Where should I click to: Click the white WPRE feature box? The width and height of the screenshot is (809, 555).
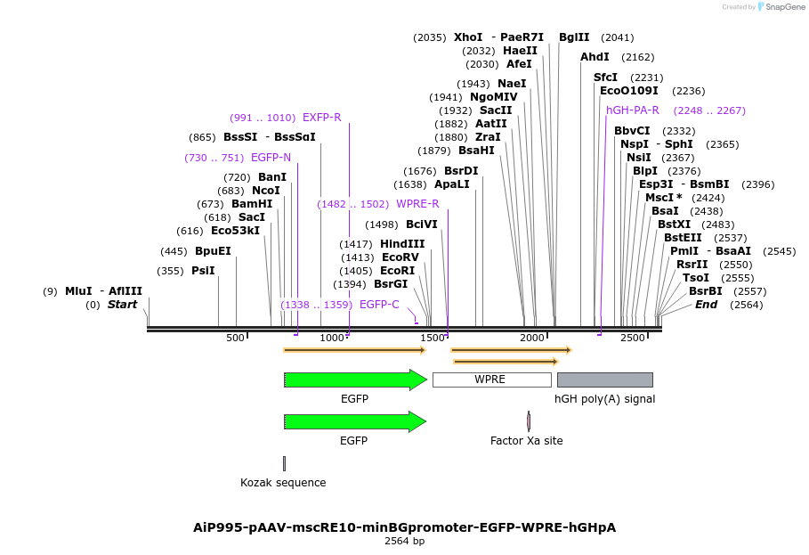click(x=491, y=380)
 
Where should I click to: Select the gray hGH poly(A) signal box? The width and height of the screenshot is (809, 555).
click(x=604, y=380)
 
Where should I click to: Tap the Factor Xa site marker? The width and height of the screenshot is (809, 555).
click(x=529, y=421)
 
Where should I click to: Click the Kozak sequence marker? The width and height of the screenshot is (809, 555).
click(x=284, y=463)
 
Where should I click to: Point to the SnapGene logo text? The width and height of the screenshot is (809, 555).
click(x=785, y=7)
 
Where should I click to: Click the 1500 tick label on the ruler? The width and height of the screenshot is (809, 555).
click(x=433, y=339)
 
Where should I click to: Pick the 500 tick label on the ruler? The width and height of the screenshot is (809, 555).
click(x=235, y=339)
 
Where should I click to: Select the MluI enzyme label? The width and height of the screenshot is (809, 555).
click(x=78, y=291)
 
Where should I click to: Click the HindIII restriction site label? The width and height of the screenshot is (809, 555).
click(x=402, y=244)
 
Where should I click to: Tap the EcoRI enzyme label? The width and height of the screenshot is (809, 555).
click(x=397, y=271)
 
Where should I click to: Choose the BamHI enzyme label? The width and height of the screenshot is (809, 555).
click(x=252, y=204)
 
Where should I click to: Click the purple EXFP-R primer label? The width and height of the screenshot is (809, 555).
click(x=321, y=118)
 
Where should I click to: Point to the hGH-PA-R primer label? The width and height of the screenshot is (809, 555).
click(x=632, y=110)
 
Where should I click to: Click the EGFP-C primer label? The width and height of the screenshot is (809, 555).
click(x=379, y=305)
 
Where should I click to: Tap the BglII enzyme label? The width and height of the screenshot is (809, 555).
click(x=574, y=37)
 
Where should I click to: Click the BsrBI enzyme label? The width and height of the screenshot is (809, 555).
click(x=705, y=291)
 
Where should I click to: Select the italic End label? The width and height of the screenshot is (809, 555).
click(x=706, y=305)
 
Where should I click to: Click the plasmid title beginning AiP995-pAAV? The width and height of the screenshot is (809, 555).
click(x=404, y=527)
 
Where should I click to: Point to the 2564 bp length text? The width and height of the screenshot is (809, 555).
click(x=404, y=541)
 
